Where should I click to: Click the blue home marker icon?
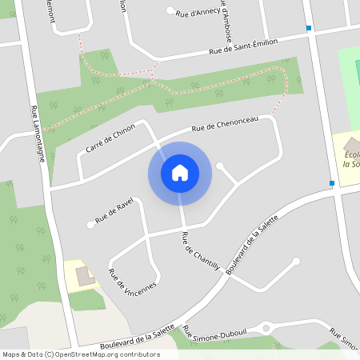[179, 173]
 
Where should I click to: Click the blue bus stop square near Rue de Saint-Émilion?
[309, 28]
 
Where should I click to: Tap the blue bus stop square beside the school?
[331, 183]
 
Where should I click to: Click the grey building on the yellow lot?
[84, 277]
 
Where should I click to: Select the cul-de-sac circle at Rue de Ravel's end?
[90, 225]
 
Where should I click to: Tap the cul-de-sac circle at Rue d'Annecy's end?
[170, 10]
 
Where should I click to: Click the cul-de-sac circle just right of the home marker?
[220, 166]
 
